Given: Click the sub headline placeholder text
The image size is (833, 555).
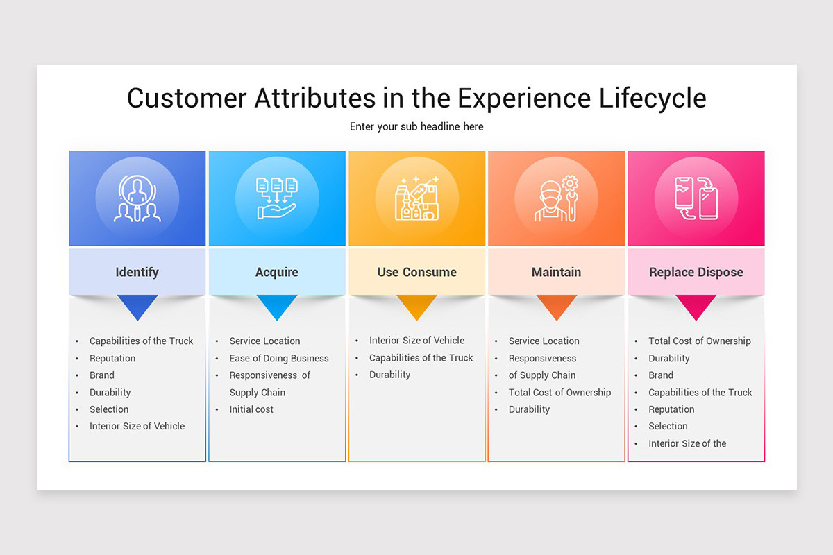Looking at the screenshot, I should tap(416, 126).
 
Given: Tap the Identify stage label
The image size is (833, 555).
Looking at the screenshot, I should tap(137, 272).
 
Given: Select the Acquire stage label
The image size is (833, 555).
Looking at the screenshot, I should tap(276, 272).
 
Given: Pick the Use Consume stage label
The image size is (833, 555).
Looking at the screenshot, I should tap(416, 272).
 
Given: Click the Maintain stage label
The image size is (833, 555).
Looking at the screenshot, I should tap(556, 272).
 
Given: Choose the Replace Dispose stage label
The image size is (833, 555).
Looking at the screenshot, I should tap(696, 272).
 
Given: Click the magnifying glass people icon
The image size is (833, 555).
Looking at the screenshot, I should tap(137, 198).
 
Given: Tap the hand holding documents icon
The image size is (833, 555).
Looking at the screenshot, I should tap(276, 198).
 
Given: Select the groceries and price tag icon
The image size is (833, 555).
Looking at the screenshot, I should tap(416, 198).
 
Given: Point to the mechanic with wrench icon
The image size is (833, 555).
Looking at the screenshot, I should tap(556, 198).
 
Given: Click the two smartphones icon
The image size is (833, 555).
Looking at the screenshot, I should tap(696, 198).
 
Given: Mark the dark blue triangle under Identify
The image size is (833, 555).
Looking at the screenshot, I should tap(137, 305).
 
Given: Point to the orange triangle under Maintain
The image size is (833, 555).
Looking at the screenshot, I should tap(556, 305).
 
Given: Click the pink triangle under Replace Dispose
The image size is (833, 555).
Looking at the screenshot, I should tap(696, 305).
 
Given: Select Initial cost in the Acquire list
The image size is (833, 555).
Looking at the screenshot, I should tap(251, 409).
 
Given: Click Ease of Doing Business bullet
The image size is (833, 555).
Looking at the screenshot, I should tap(279, 358).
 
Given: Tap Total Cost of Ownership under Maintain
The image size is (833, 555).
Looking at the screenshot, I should tap(559, 392).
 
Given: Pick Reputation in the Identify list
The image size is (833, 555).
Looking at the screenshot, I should tap(112, 358).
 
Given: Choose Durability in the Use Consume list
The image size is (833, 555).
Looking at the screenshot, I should tap(389, 375).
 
